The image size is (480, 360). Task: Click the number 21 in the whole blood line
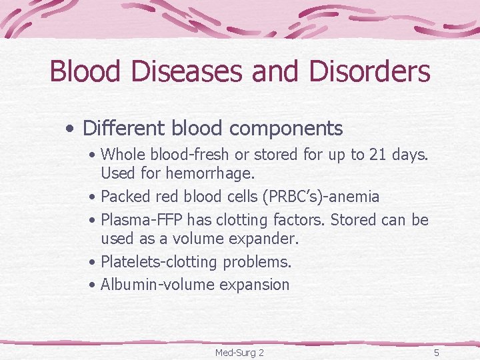pyautogui.click(x=378, y=155)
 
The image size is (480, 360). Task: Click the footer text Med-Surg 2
pyautogui.click(x=239, y=352)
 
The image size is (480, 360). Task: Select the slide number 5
pyautogui.click(x=436, y=352)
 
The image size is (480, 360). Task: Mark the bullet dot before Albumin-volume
pyautogui.click(x=92, y=285)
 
